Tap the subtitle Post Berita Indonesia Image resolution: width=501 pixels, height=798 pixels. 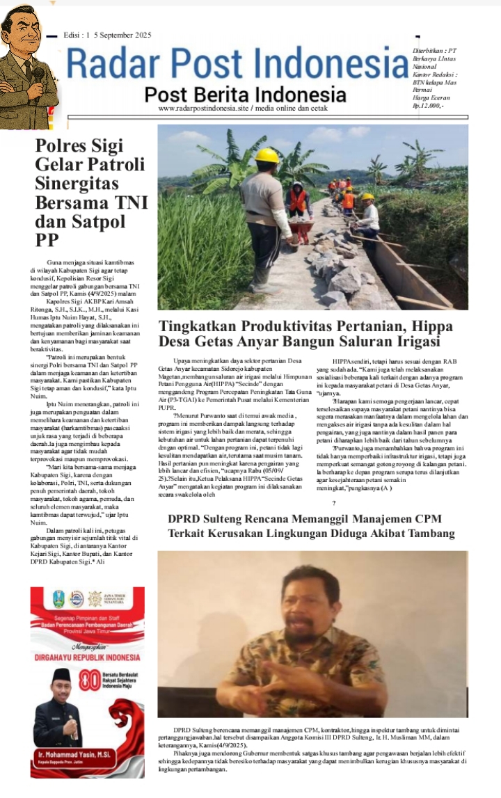[245, 95]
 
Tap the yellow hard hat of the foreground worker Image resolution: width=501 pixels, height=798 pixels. [266, 155]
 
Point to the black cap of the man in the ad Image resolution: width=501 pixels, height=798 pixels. [62, 676]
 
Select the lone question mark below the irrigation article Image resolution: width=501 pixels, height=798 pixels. [334, 503]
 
